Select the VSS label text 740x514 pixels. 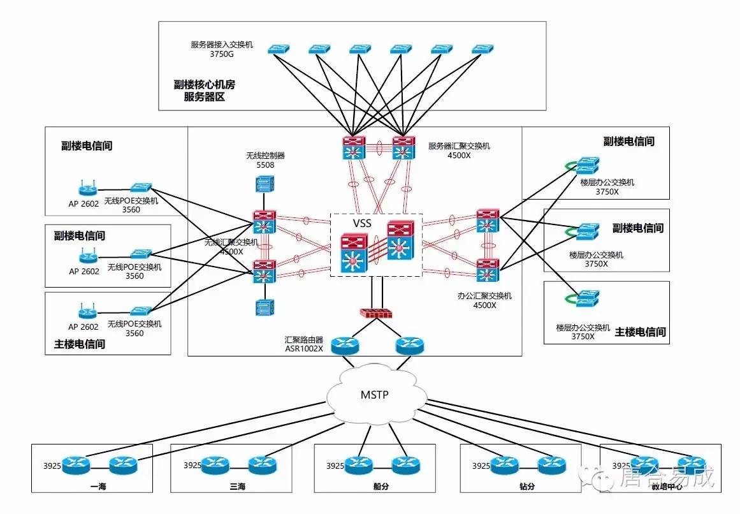[x=363, y=224]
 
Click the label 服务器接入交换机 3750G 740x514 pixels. [x=222, y=50]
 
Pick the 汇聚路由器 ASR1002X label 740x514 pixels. [x=304, y=344]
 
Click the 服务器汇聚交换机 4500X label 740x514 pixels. [x=459, y=150]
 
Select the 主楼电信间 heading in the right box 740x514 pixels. [x=639, y=332]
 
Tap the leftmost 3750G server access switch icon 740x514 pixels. [x=278, y=49]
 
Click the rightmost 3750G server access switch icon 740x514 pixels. [x=482, y=49]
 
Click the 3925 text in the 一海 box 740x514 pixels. [x=52, y=466]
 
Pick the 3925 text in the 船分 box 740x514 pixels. [x=335, y=466]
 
